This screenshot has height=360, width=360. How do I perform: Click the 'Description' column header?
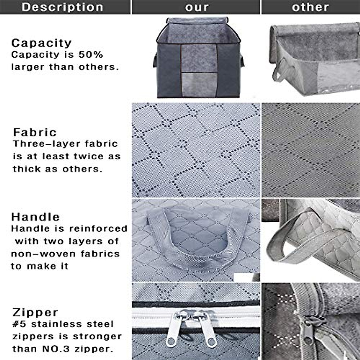tap(62, 7)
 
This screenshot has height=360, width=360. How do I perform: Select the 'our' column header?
tap(196, 7)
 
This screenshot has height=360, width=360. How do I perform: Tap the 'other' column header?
tap(310, 7)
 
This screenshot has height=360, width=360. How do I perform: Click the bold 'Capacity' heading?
tap(41, 43)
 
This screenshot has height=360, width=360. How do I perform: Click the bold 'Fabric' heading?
tap(35, 132)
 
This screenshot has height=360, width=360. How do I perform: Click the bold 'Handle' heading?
tap(35, 217)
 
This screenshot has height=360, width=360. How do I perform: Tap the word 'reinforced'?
tap(98, 229)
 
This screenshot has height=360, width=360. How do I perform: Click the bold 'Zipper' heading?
tap(35, 312)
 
